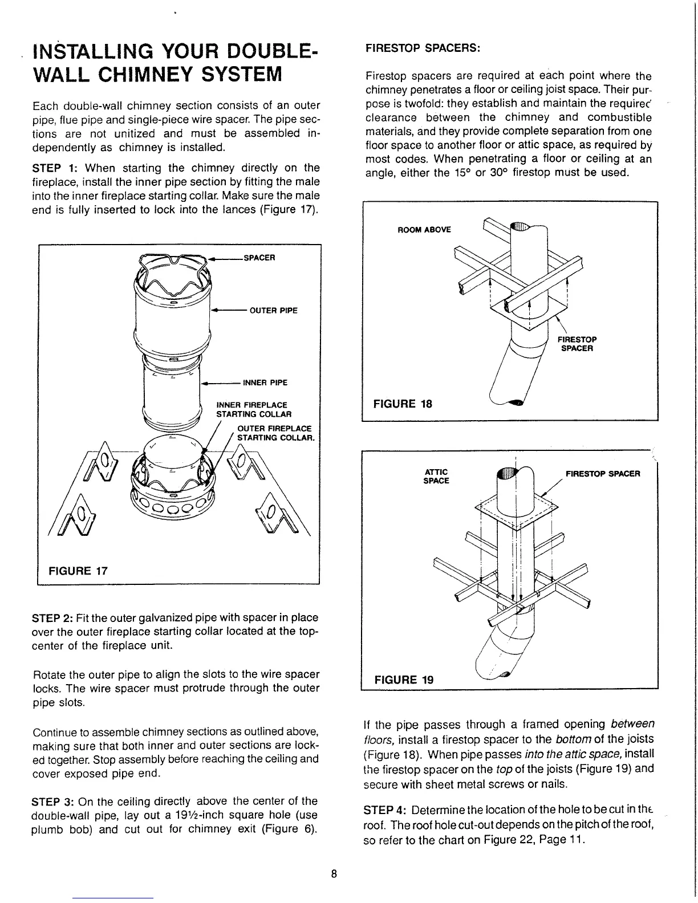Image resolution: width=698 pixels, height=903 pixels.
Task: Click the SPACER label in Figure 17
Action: coord(259,257)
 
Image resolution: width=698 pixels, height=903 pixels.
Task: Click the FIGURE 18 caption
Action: coord(402,404)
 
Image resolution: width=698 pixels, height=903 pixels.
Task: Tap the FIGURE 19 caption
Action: coord(403,680)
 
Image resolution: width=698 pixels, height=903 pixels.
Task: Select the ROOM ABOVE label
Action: coord(424,230)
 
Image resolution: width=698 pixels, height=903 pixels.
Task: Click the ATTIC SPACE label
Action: coord(437,476)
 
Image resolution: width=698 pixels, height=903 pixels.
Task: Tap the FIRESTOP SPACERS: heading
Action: coord(424,48)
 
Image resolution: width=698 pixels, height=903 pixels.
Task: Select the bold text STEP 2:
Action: coord(52,618)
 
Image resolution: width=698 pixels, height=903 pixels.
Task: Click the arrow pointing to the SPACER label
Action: coord(225,258)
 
